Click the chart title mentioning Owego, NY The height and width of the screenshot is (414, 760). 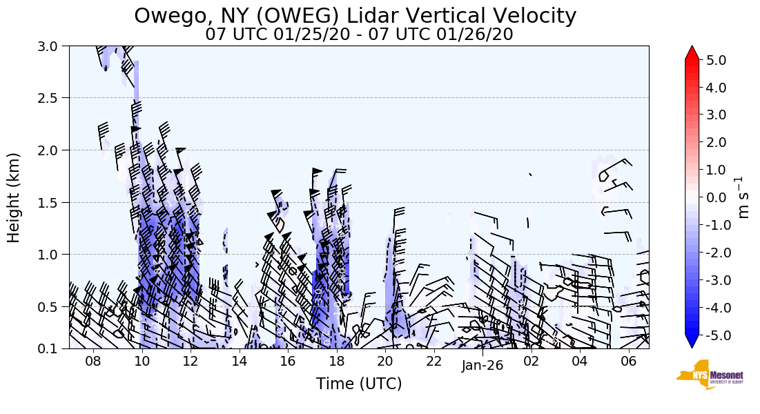point(355,15)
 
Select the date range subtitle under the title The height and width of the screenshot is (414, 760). point(359,34)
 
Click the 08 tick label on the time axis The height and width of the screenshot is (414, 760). point(93,362)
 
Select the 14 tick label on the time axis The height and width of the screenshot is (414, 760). point(239,362)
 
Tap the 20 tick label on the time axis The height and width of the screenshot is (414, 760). point(385,362)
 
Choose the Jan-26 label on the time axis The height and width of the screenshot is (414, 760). point(483,366)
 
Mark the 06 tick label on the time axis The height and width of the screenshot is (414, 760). point(628,362)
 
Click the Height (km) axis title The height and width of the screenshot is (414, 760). point(14,197)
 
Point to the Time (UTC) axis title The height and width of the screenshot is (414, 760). point(359,384)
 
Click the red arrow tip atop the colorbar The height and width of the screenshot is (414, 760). point(692,52)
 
